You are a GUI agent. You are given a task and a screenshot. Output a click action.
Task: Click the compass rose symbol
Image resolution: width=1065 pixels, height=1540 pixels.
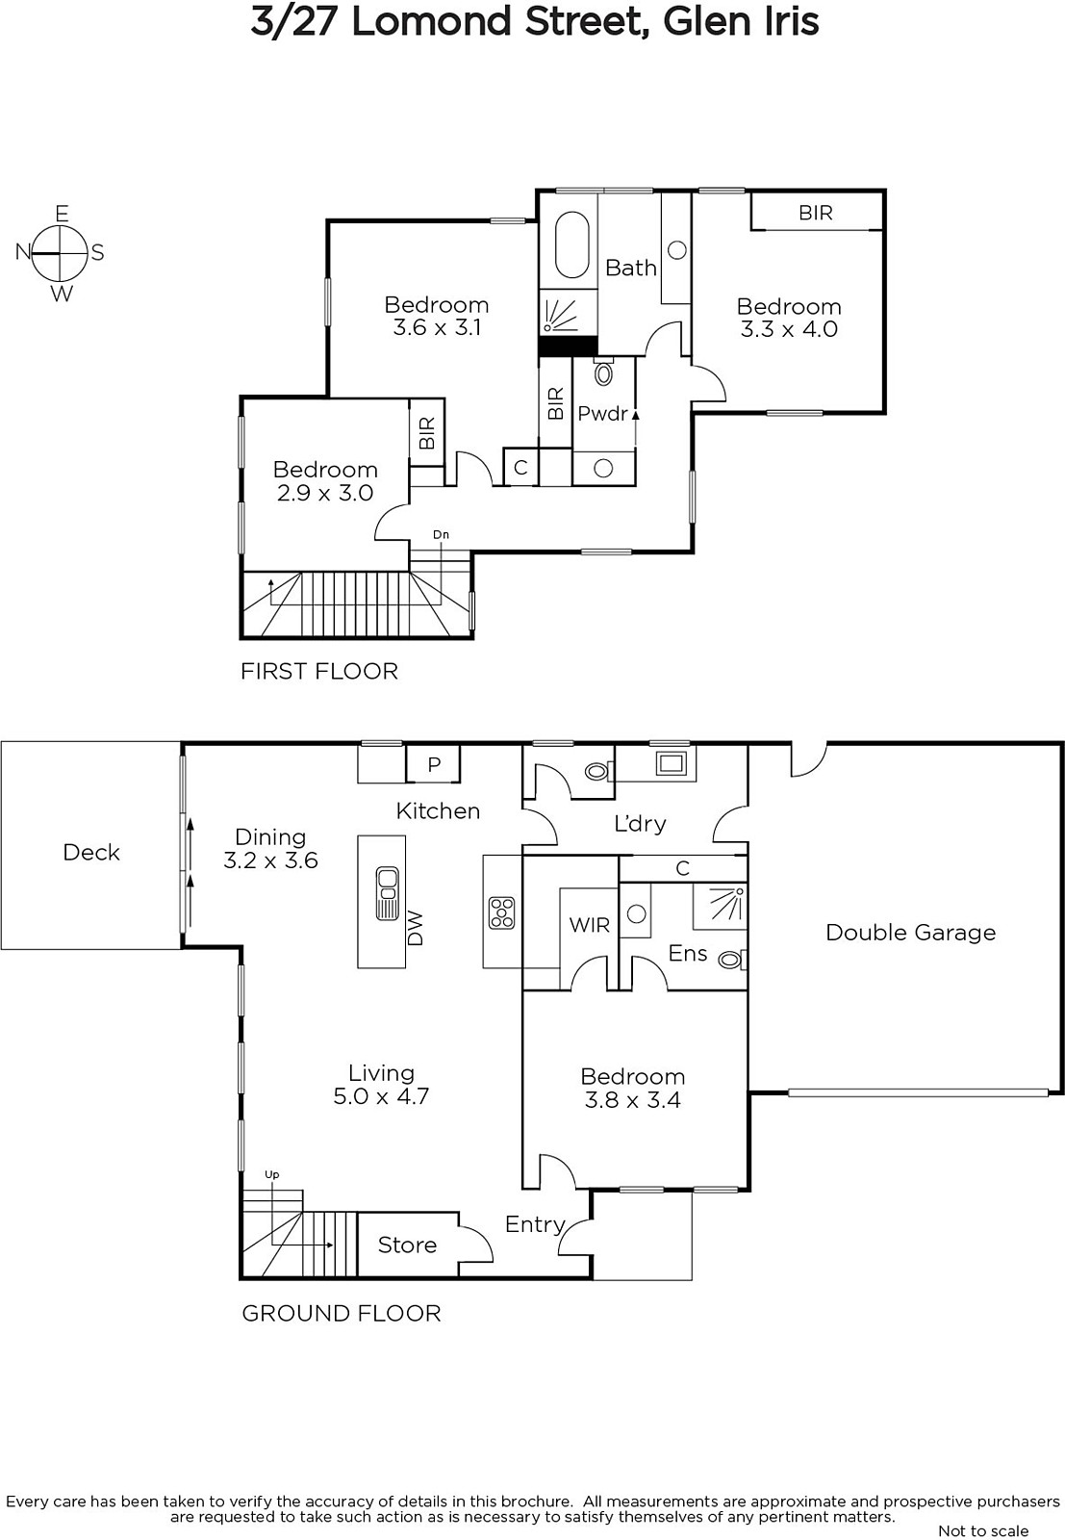pyautogui.click(x=61, y=253)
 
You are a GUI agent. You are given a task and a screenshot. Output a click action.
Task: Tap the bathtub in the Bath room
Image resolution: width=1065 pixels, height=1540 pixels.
pyautogui.click(x=571, y=244)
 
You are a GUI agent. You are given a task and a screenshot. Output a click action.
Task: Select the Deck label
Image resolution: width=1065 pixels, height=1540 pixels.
pyautogui.click(x=91, y=853)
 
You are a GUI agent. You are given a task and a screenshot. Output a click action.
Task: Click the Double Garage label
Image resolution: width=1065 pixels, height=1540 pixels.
pyautogui.click(x=910, y=933)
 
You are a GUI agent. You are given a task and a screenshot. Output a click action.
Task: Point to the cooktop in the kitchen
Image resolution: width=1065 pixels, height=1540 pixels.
pyautogui.click(x=501, y=913)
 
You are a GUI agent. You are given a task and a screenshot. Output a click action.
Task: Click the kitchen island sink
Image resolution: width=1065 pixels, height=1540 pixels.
pyautogui.click(x=387, y=893)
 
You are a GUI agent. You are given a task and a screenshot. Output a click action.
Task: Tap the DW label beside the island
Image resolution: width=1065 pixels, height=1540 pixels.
pyautogui.click(x=415, y=929)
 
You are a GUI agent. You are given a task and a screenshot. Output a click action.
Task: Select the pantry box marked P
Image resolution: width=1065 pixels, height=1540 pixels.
pyautogui.click(x=433, y=764)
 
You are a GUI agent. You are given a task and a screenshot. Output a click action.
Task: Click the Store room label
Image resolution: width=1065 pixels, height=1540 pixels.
pyautogui.click(x=407, y=1245)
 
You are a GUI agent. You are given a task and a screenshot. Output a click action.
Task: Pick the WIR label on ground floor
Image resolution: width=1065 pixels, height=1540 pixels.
pyautogui.click(x=589, y=925)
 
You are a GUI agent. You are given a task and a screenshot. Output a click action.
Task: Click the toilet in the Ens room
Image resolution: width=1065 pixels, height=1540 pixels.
pyautogui.click(x=732, y=959)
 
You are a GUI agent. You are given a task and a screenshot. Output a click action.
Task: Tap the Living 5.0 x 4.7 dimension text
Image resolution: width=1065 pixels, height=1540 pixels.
pyautogui.click(x=381, y=1095)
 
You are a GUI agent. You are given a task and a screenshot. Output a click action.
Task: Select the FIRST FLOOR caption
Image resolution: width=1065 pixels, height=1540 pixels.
pyautogui.click(x=318, y=671)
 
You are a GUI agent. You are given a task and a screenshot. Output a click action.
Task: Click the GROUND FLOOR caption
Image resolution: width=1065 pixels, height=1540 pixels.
pyautogui.click(x=341, y=1313)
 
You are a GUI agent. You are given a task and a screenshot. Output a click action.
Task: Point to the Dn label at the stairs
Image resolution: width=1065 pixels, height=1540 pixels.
pyautogui.click(x=441, y=534)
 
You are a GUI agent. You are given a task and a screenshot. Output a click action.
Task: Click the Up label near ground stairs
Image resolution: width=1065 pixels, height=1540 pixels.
pyautogui.click(x=272, y=1175)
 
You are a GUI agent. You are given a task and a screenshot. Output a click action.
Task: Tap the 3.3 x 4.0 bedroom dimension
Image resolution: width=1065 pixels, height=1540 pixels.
pyautogui.click(x=789, y=328)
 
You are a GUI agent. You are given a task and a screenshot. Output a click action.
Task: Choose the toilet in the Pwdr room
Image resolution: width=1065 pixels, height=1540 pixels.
pyautogui.click(x=604, y=372)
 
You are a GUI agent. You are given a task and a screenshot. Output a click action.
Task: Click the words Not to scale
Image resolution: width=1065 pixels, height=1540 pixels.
pyautogui.click(x=983, y=1530)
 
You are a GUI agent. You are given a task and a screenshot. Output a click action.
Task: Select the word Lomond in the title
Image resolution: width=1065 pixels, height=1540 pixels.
pyautogui.click(x=432, y=21)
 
